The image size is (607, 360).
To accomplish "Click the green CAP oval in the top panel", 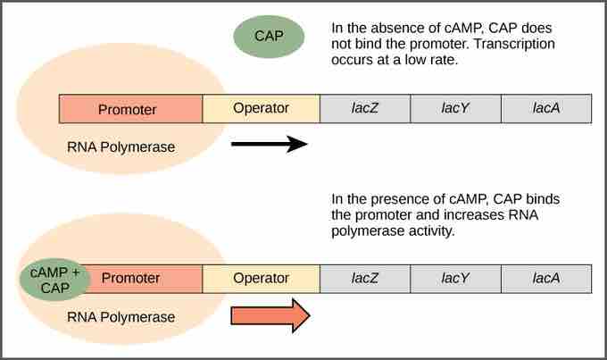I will pyautogui.click(x=269, y=37).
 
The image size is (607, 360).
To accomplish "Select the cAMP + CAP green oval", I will pyautogui.click(x=54, y=279).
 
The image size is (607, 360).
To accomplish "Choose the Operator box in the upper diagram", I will pyautogui.click(x=261, y=108).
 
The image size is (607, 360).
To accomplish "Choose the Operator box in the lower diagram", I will pyautogui.click(x=261, y=278).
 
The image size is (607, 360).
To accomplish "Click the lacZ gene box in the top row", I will pyautogui.click(x=365, y=108).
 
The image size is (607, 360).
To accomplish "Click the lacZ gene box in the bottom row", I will pyautogui.click(x=365, y=278).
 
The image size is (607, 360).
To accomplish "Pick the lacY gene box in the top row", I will pyautogui.click(x=455, y=108).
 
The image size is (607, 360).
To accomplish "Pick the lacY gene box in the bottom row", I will pyautogui.click(x=455, y=278).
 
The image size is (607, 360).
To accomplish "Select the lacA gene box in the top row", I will pyautogui.click(x=545, y=108).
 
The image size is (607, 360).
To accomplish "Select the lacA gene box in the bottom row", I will pyautogui.click(x=545, y=278).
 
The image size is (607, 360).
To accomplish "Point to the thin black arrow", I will pyautogui.click(x=269, y=143).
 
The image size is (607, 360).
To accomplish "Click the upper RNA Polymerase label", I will pyautogui.click(x=121, y=147).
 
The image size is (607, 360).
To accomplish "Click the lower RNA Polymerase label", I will pyautogui.click(x=121, y=316).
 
